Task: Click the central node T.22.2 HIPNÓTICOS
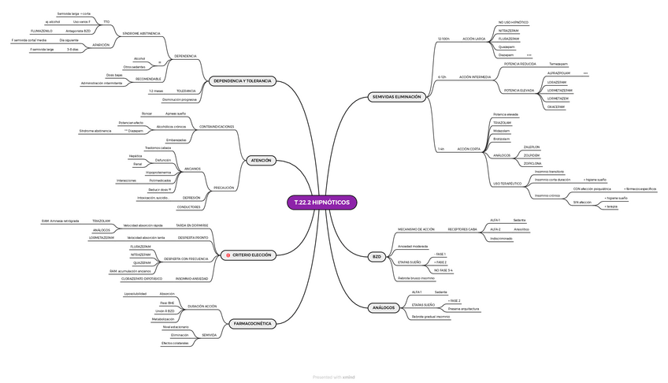pyautogui.click(x=322, y=203)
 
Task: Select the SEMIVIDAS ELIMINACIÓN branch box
pyautogui.click(x=397, y=97)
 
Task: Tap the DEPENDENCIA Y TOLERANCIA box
pyautogui.click(x=243, y=81)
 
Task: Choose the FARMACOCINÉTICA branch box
pyautogui.click(x=253, y=323)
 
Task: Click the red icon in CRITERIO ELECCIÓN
pyautogui.click(x=227, y=255)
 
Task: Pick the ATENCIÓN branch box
pyautogui.click(x=260, y=160)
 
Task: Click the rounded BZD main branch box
pyautogui.click(x=377, y=257)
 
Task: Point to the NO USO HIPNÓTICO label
pyautogui.click(x=514, y=22)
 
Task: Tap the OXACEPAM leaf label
pyautogui.click(x=556, y=107)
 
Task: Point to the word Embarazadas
pyautogui.click(x=176, y=139)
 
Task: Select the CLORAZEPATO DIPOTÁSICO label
pyautogui.click(x=142, y=278)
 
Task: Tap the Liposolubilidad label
pyautogui.click(x=135, y=293)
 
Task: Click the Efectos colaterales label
pyautogui.click(x=175, y=343)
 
